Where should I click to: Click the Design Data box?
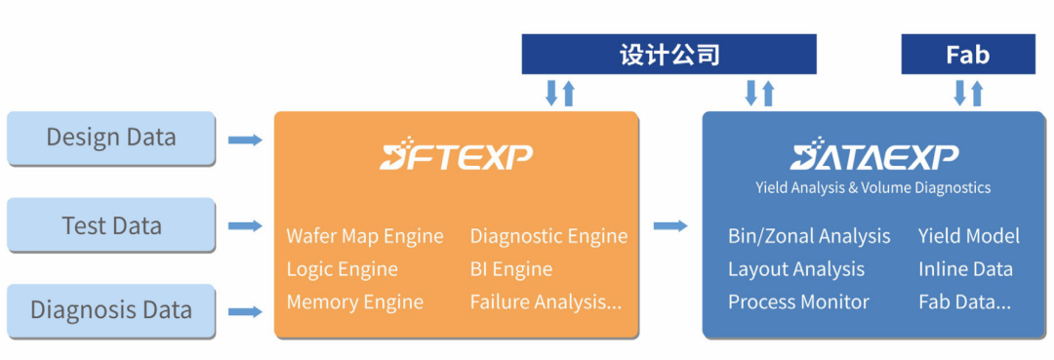coord(110,138)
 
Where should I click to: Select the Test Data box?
coord(110,225)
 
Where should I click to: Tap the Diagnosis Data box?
coord(110,311)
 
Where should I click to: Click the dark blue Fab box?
coord(967,55)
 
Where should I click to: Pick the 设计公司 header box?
coord(669,55)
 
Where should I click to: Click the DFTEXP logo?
coord(456,157)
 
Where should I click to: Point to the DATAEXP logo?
coord(873,157)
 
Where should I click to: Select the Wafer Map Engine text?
coord(365,236)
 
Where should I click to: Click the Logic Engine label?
coord(342,269)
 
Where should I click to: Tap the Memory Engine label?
coord(354,302)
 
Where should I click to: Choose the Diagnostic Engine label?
coord(548,236)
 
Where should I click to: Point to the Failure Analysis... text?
coord(546,302)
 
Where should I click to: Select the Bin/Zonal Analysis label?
coord(809,236)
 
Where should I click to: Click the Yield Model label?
coord(968,236)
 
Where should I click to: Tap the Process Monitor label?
coord(798,302)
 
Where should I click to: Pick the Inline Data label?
coord(965,269)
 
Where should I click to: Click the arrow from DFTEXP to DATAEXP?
coord(670,226)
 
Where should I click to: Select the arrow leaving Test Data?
coord(245,226)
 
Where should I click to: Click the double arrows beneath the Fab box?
coord(968,94)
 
